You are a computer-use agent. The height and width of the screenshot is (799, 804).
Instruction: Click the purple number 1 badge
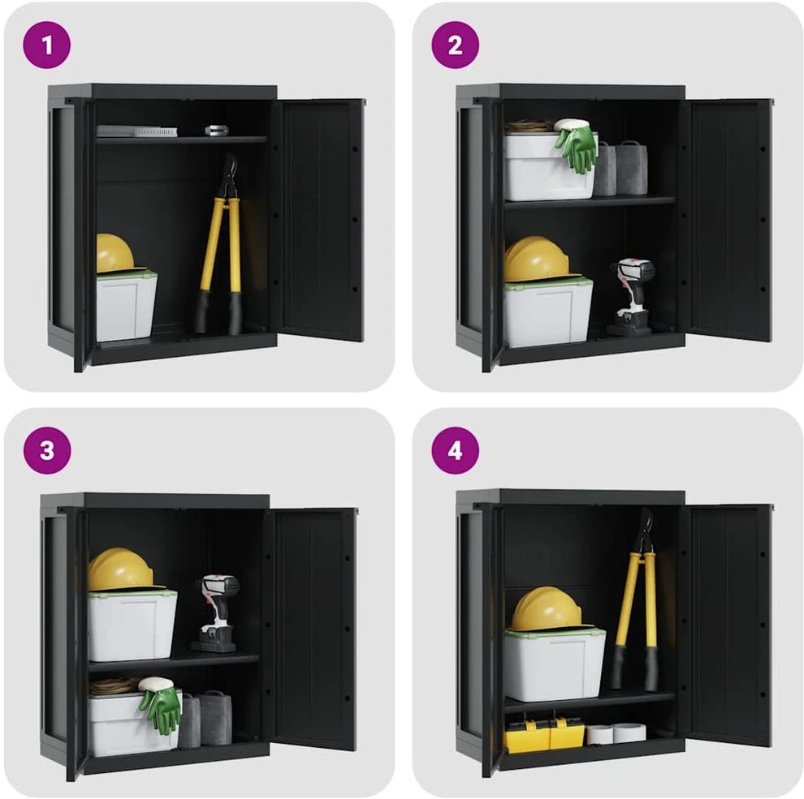click(46, 45)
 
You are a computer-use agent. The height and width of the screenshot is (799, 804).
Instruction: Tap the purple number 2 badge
click(456, 45)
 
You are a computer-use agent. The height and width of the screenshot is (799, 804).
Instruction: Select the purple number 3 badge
click(46, 450)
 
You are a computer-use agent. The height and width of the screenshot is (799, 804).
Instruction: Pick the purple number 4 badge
click(456, 450)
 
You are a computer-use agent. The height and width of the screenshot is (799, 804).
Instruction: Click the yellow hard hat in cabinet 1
click(115, 255)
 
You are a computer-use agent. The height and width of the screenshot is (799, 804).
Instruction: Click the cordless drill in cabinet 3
click(216, 613)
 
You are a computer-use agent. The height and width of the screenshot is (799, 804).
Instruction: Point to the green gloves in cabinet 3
click(161, 707)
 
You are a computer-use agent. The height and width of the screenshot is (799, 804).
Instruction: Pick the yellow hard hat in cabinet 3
click(122, 570)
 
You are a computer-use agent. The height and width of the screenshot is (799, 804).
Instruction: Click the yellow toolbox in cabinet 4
click(545, 734)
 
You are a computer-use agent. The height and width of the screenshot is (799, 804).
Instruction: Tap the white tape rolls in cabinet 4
click(616, 733)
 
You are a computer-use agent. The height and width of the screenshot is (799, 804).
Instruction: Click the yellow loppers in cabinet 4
click(637, 599)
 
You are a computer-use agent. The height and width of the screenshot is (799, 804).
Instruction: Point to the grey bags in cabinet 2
click(620, 169)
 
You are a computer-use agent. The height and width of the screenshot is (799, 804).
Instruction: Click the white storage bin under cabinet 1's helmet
click(126, 307)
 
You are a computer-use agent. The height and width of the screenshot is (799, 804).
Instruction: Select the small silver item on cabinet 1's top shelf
click(216, 130)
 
